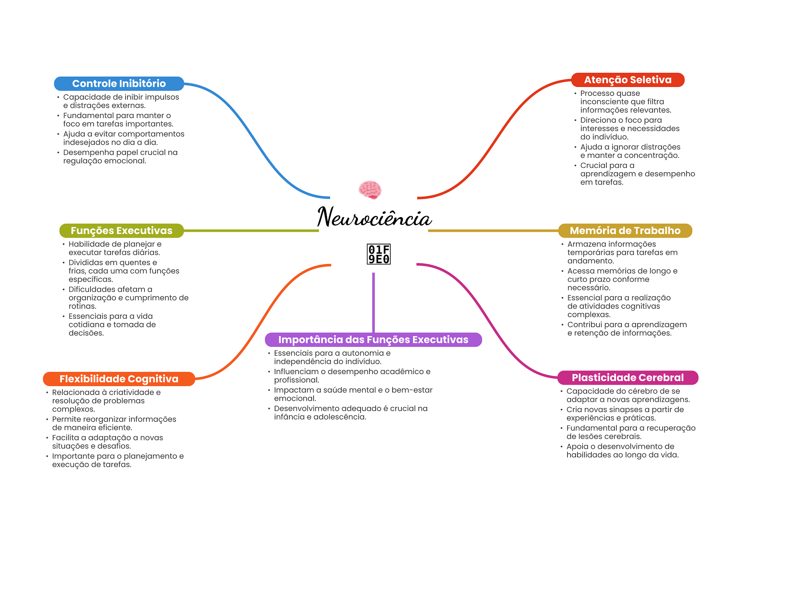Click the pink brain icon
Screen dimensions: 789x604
(370, 189)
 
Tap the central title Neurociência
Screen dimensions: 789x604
(374, 217)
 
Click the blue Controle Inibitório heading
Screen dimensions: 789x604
(119, 84)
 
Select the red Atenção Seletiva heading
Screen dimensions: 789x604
(628, 80)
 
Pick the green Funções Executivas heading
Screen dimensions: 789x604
(121, 231)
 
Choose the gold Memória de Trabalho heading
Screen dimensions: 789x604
(625, 231)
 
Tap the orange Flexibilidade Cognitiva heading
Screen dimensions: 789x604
(119, 379)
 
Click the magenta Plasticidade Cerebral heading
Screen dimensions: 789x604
(628, 378)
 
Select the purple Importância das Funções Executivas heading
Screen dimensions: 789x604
(373, 340)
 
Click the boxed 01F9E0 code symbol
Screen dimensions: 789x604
(379, 254)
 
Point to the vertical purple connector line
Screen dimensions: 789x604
(373, 303)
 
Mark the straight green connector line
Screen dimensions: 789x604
(252, 231)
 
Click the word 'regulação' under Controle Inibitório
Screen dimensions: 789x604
(81, 161)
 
